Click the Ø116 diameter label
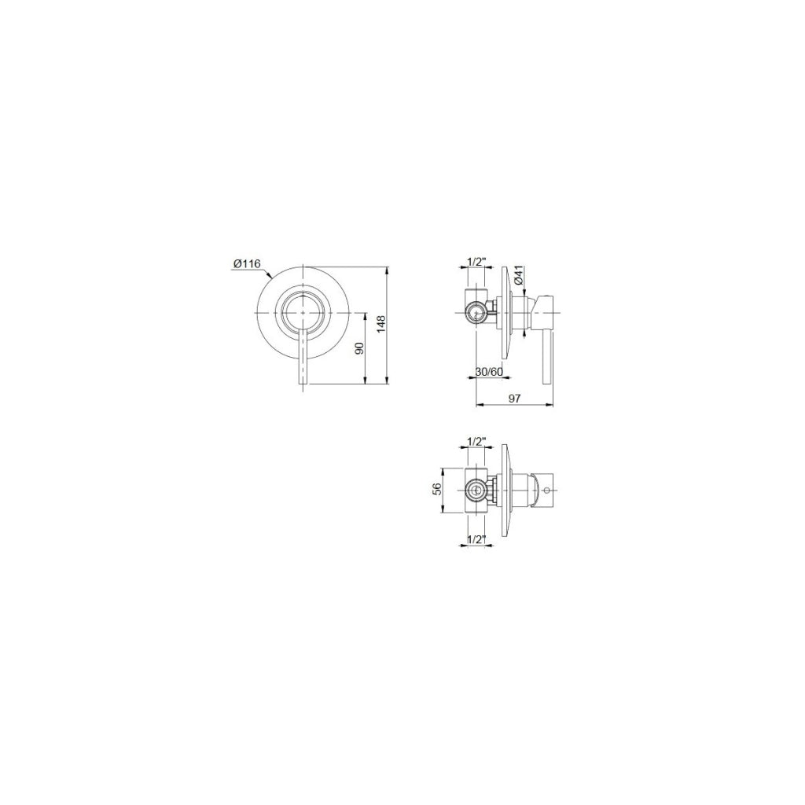point(247,263)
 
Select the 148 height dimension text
point(380,325)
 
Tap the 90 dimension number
point(359,348)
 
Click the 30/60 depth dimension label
point(488,371)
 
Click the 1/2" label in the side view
point(477,261)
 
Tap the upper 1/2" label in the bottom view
point(477,440)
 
